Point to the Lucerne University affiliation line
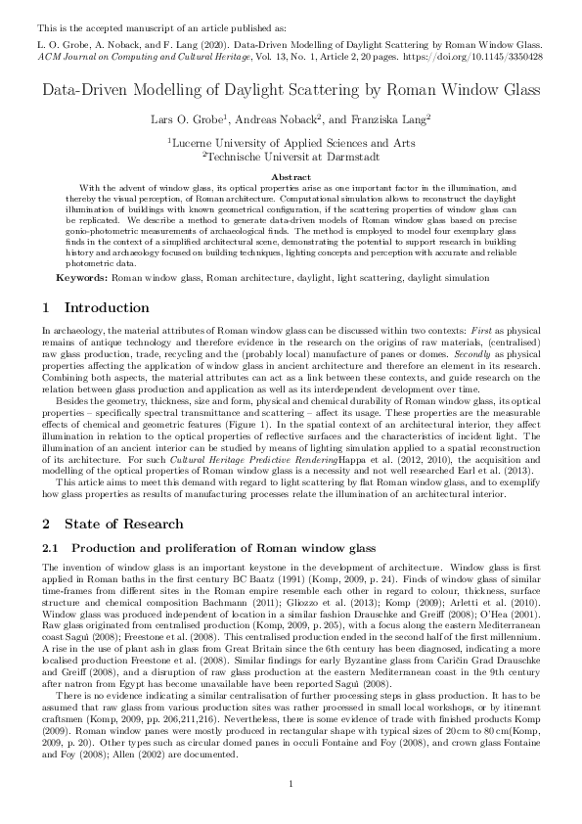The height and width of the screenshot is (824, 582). click(291, 143)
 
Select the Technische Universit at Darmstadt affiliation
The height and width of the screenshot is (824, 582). click(291, 155)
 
